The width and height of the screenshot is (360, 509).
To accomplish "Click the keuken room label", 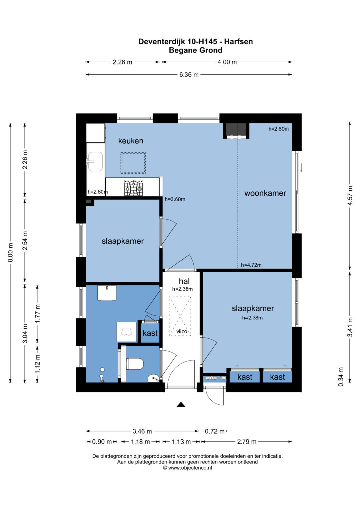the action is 131,141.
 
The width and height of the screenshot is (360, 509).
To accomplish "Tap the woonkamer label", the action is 265,193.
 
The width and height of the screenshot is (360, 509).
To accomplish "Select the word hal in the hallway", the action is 184,281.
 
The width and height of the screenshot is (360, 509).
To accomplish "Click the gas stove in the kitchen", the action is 134,188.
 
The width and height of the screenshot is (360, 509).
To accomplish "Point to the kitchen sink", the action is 95,161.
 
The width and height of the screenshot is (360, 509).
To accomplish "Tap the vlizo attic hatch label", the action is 182,332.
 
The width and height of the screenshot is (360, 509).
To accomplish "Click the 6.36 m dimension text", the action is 189,75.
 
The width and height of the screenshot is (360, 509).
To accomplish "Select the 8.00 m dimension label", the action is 10,252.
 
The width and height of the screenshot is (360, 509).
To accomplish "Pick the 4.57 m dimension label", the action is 350,196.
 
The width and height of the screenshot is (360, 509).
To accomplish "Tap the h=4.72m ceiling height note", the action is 251,265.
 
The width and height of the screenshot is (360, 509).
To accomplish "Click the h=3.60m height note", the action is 175,199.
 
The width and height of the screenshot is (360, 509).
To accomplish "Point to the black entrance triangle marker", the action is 181,404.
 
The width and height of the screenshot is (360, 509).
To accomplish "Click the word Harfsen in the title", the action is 238,42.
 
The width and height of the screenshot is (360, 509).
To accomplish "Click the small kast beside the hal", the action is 150,333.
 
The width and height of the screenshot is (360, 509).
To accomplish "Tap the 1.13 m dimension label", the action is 181,442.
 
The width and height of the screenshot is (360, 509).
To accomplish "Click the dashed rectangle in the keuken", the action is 133,163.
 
